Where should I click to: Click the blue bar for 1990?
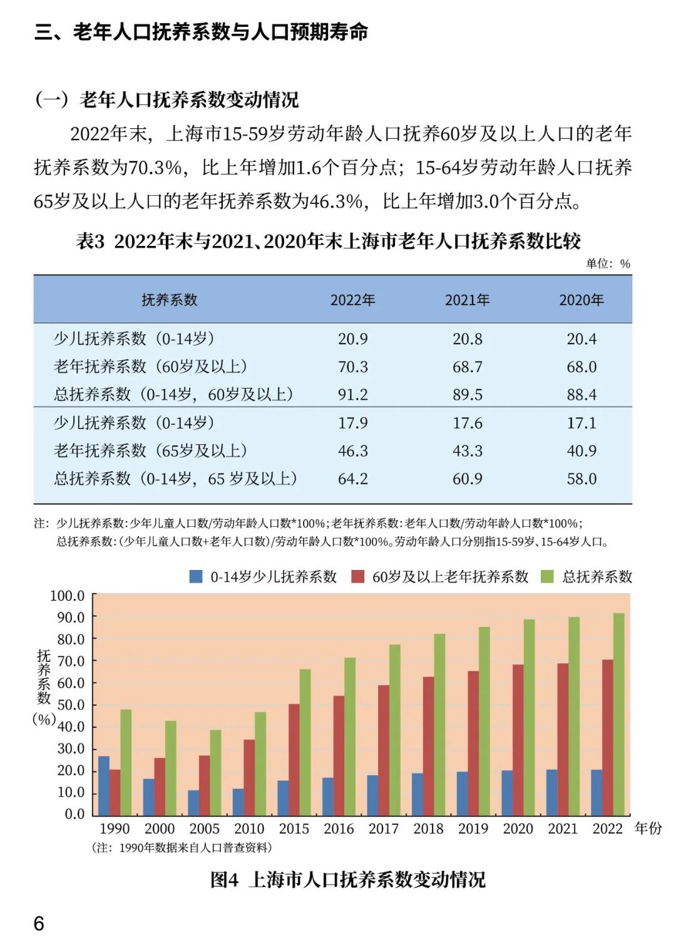click(104, 785)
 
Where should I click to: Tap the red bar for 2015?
click(294, 760)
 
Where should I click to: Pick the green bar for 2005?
click(215, 773)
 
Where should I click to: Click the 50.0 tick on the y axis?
click(71, 705)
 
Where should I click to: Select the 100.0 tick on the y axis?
click(68, 596)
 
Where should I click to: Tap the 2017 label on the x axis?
click(383, 829)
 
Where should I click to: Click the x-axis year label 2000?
click(160, 829)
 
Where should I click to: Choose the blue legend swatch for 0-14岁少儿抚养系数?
click(196, 577)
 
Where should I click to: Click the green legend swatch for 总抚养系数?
click(547, 577)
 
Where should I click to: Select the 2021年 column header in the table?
click(467, 300)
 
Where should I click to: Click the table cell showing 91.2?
click(353, 395)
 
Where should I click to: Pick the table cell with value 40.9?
click(581, 451)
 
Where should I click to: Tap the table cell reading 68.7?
click(467, 367)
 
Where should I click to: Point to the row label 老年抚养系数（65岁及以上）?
click(151, 451)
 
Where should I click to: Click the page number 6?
click(39, 923)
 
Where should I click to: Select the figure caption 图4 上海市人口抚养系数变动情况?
click(347, 880)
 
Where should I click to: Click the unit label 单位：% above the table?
click(608, 263)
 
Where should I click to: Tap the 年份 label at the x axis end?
click(648, 828)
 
